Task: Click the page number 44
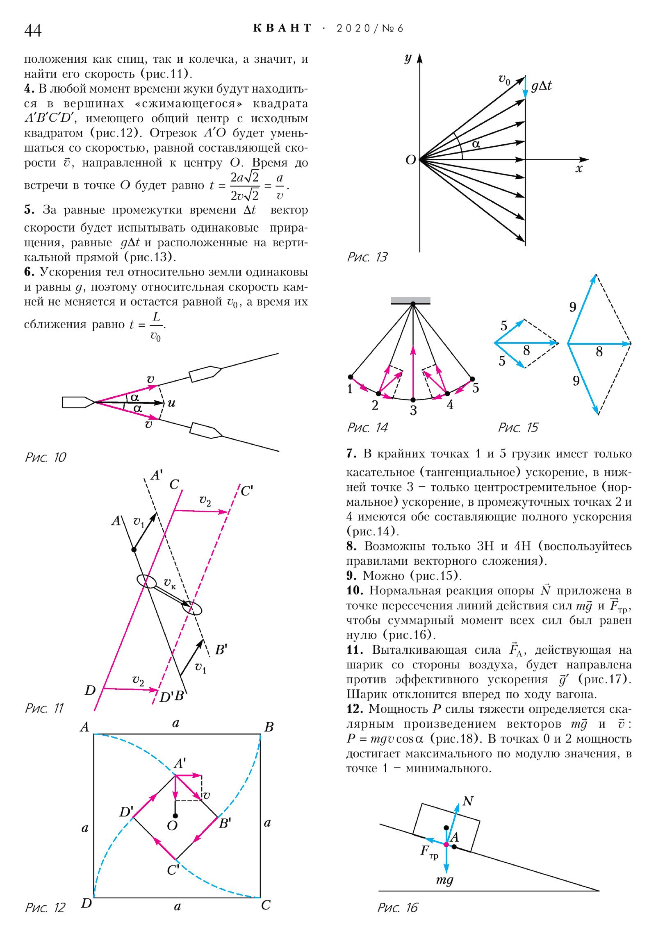click(x=33, y=30)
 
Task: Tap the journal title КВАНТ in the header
click(x=282, y=28)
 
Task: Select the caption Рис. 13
click(x=367, y=257)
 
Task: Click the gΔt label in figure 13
click(x=541, y=86)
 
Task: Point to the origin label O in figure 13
click(x=410, y=160)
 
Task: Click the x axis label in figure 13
click(x=579, y=168)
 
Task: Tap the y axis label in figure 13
click(x=408, y=58)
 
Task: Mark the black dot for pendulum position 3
click(x=413, y=400)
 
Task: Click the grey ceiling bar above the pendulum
click(x=410, y=300)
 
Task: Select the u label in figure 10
click(x=171, y=403)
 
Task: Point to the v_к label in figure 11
click(x=169, y=582)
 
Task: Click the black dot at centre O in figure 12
click(x=175, y=816)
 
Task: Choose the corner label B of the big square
click(x=269, y=727)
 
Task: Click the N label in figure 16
click(x=468, y=801)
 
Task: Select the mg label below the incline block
click(x=444, y=880)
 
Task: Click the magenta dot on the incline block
click(x=446, y=844)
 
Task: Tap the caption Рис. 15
click(x=518, y=427)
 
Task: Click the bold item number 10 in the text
click(x=355, y=591)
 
